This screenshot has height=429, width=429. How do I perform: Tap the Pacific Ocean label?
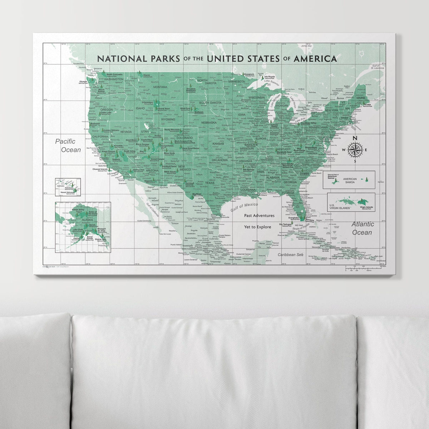tap(68, 146)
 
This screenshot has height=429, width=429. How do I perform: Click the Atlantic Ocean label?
tap(363, 228)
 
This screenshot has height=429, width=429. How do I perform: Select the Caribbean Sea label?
tap(291, 255)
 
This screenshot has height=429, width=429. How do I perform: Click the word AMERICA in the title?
tap(315, 58)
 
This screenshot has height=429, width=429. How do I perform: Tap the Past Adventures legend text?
tap(259, 216)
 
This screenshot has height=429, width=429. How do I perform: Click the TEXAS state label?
tap(210, 183)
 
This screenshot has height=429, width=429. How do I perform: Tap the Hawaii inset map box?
tap(68, 187)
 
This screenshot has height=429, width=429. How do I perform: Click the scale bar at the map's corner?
tap(365, 268)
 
